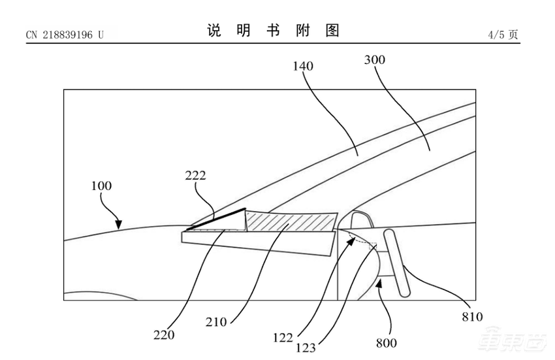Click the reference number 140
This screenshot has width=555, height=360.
point(303,66)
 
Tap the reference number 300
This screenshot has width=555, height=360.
point(374,60)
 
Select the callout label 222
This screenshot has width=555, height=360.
point(195,176)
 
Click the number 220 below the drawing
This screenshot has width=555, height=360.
point(165,335)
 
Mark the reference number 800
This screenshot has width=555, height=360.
point(385,342)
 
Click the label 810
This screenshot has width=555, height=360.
point(471,318)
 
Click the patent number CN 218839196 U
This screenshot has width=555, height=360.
point(65,35)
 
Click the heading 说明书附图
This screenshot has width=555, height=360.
point(274,31)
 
